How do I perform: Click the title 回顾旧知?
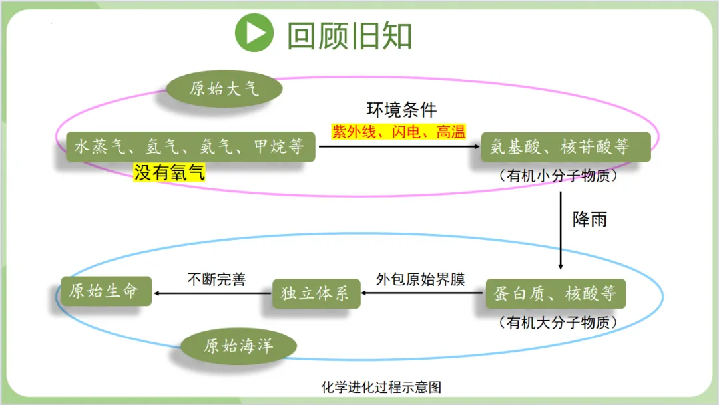[x=349, y=35]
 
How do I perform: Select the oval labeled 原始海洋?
[x=239, y=346]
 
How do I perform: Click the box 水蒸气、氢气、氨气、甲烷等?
[x=190, y=146]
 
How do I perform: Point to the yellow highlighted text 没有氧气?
[x=170, y=173]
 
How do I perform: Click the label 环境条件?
[x=401, y=110]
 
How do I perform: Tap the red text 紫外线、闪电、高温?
[x=399, y=132]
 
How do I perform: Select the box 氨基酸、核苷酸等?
[x=565, y=146]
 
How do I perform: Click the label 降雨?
[x=590, y=219]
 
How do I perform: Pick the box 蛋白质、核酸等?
[x=555, y=293]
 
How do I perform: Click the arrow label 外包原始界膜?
[x=420, y=279]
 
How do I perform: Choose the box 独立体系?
[x=316, y=293]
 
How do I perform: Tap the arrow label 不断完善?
[x=216, y=279]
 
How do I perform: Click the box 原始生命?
[x=105, y=291]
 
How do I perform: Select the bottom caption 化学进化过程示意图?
[x=381, y=387]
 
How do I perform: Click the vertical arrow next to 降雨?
[x=561, y=230]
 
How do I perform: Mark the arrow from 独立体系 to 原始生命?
[x=212, y=293]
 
